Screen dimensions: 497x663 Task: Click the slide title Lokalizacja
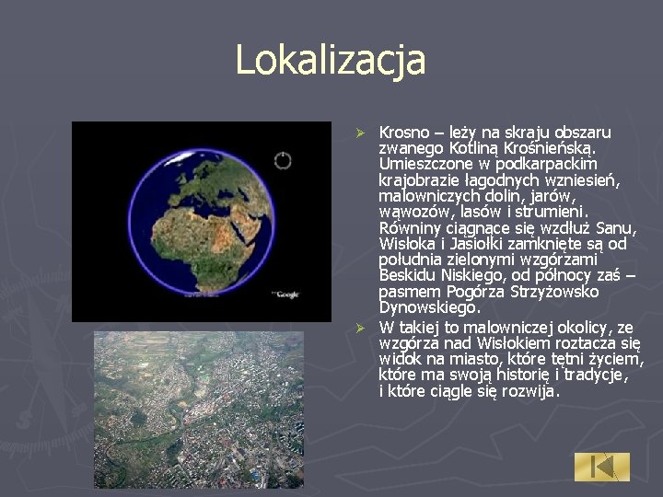tap(331, 61)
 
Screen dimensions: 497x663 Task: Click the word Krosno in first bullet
tap(402, 133)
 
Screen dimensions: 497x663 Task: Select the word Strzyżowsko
tap(553, 292)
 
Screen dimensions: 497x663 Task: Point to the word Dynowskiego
tap(428, 307)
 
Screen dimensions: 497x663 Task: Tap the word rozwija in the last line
tap(529, 391)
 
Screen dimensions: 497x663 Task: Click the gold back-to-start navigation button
tap(602, 466)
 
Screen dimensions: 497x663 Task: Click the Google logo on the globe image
tap(285, 294)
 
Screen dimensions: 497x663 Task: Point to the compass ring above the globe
tap(283, 161)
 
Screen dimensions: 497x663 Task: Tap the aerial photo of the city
tap(199, 409)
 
